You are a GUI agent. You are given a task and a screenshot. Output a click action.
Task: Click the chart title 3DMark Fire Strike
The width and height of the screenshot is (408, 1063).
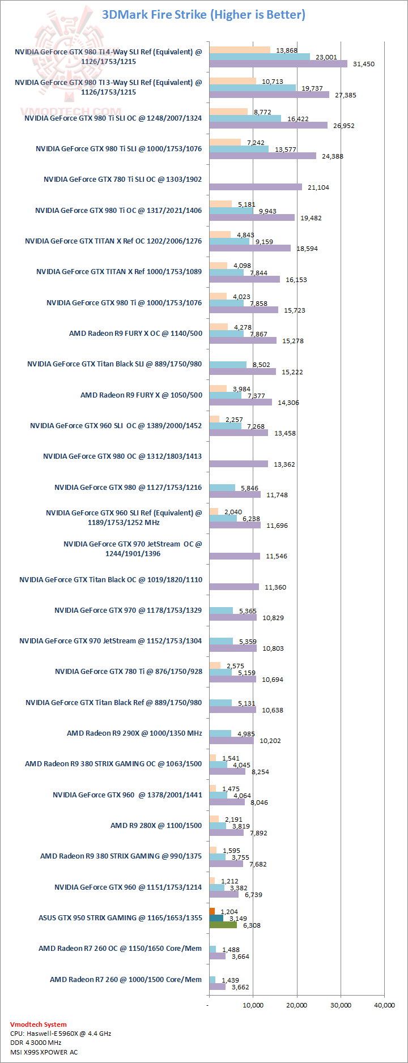coord(203,15)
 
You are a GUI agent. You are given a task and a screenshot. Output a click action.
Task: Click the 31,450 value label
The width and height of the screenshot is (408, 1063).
coord(363,64)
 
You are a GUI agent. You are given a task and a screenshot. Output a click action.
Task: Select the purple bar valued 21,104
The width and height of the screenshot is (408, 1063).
coord(255,187)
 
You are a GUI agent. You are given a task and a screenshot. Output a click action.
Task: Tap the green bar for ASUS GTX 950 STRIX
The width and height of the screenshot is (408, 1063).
coord(223,925)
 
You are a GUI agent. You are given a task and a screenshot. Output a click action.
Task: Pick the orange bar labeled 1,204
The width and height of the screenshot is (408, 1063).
coord(212,911)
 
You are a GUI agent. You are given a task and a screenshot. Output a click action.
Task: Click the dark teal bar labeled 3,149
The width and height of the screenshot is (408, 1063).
coord(216,918)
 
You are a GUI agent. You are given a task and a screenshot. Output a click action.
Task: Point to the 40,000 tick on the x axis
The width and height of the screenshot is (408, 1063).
coord(385,1005)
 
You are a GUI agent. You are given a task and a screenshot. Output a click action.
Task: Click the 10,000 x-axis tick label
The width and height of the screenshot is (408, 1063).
coord(253,1005)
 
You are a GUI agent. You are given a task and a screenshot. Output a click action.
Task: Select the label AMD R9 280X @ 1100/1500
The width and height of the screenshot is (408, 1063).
coord(156,826)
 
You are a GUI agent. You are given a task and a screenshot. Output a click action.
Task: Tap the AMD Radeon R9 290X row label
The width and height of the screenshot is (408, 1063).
coord(134,733)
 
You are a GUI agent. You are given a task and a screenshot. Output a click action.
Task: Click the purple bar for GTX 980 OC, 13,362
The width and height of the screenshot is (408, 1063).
coord(238,464)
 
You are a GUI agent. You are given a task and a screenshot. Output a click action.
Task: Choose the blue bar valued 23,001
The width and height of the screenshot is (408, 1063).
coord(259,57)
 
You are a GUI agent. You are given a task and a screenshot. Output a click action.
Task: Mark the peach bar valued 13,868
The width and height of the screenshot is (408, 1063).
coord(239,50)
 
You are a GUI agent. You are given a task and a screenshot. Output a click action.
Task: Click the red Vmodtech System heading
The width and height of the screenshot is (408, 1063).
coord(38,1024)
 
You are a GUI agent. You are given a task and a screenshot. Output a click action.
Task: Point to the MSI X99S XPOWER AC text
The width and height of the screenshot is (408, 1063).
coord(44,1052)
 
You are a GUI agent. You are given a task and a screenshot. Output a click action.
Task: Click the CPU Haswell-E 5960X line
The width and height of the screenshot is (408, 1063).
coord(60,1034)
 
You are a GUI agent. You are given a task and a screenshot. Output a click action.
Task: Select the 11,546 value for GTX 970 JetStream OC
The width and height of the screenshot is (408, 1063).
coord(276,556)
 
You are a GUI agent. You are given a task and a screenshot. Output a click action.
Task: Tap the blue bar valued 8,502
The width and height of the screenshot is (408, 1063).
coord(227,365)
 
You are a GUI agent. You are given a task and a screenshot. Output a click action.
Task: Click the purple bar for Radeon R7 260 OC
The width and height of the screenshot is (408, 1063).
coord(217,956)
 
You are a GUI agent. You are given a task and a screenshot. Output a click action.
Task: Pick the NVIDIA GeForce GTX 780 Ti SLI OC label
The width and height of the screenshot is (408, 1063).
coord(122,180)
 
